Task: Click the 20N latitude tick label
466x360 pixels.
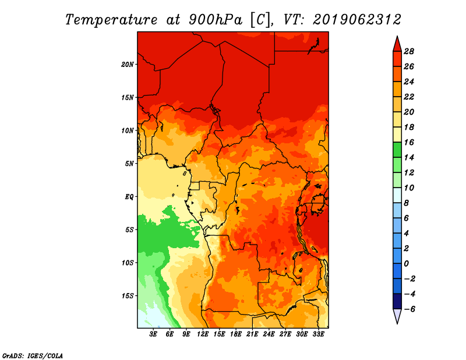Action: [x=128, y=64]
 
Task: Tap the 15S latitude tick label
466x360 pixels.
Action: [x=128, y=295]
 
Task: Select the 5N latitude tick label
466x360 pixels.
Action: [x=129, y=164]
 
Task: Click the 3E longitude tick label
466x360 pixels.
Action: [x=154, y=334]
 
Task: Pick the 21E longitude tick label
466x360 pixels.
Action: [x=253, y=334]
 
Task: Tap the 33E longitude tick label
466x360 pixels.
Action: [x=319, y=334]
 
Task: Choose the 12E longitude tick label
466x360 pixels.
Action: [x=203, y=334]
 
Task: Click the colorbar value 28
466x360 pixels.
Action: [x=409, y=51]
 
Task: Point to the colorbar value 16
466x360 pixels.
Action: [x=409, y=142]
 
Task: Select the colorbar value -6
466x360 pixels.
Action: [x=409, y=309]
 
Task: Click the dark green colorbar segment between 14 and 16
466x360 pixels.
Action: [x=397, y=150]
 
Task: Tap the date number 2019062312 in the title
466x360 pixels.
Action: [x=357, y=19]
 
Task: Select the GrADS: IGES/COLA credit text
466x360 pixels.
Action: [x=33, y=355]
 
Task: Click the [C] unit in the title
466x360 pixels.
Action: [x=260, y=19]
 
